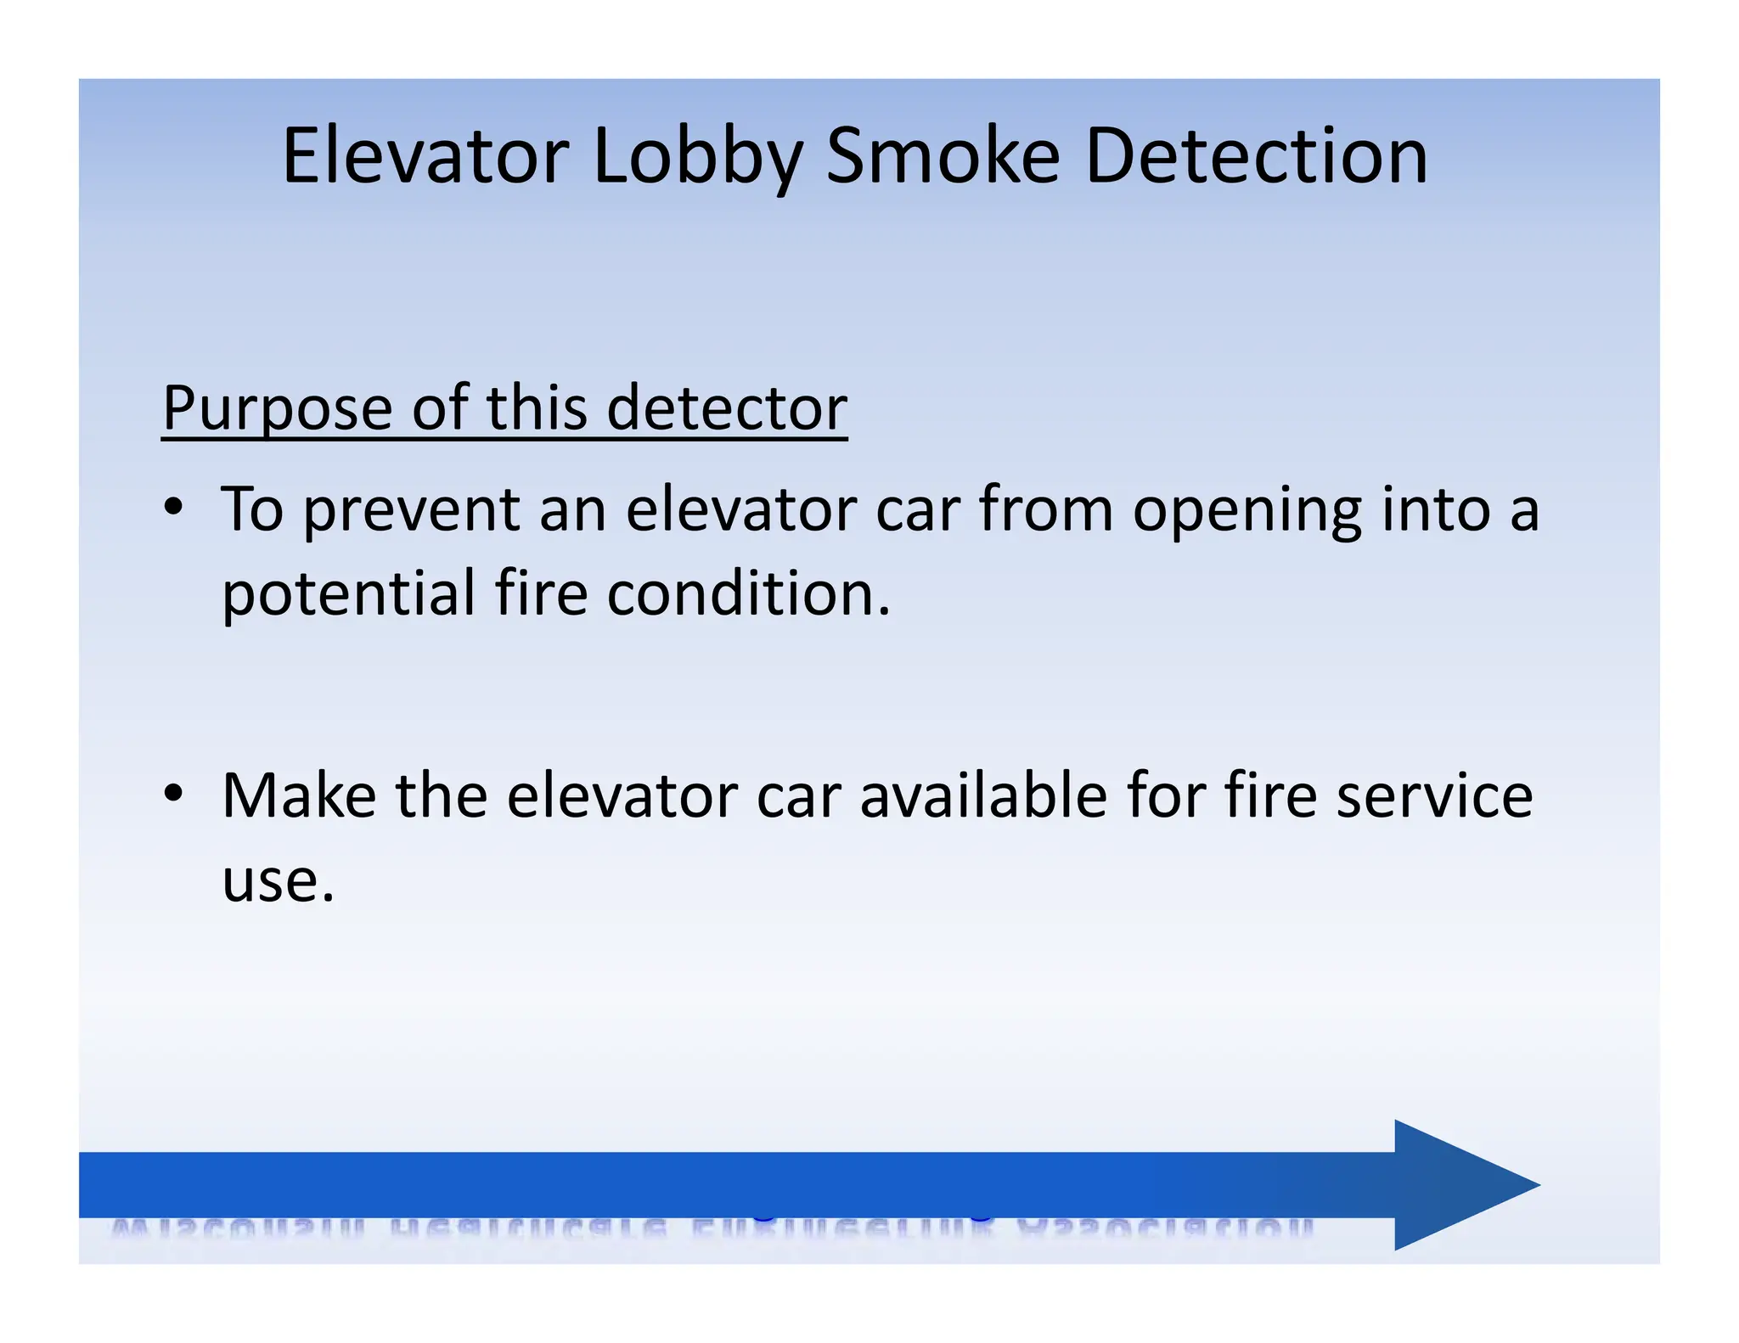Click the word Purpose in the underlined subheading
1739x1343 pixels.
tap(277, 409)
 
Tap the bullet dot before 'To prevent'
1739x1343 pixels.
tap(174, 507)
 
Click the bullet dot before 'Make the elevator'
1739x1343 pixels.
tap(174, 794)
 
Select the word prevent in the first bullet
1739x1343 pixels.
tap(411, 511)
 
